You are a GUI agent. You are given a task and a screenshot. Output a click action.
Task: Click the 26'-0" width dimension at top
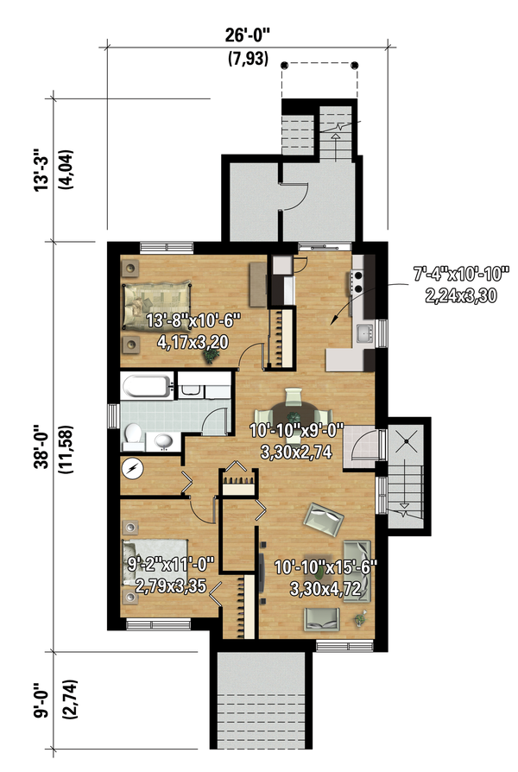(248, 35)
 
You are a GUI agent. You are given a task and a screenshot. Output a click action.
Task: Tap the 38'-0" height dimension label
(41, 448)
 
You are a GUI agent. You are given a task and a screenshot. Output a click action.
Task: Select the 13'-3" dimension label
(41, 170)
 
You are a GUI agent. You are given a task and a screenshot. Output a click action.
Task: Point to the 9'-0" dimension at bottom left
(43, 699)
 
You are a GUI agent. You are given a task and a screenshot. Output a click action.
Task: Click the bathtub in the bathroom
(147, 387)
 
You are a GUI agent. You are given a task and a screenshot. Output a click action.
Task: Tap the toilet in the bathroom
(133, 437)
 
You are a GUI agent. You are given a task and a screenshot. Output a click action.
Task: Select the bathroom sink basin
(163, 441)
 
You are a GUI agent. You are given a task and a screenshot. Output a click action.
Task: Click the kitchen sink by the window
(365, 333)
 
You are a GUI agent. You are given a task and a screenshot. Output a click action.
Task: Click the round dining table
(294, 413)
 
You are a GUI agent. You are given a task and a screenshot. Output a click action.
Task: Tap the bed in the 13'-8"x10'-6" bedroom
(156, 305)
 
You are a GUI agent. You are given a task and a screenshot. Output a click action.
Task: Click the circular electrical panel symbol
(132, 469)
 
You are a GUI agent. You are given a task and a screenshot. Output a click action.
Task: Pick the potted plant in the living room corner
(360, 619)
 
